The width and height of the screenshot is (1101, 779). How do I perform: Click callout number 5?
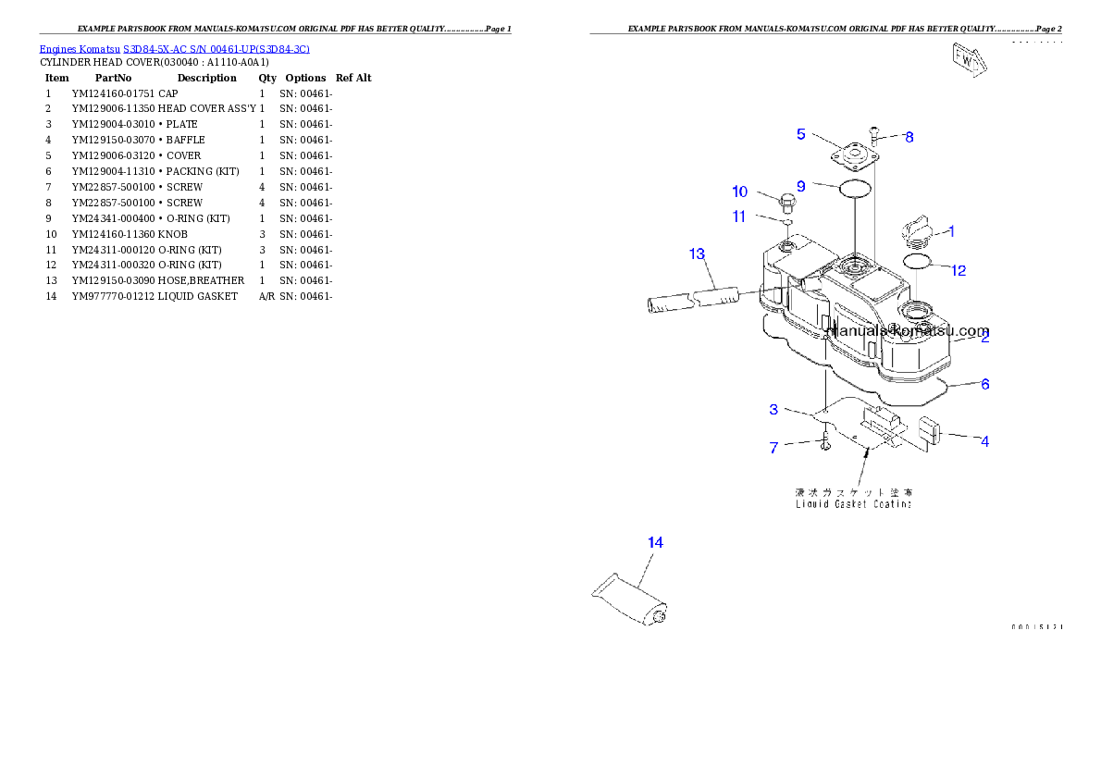801,134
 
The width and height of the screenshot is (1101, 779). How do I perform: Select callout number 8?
909,137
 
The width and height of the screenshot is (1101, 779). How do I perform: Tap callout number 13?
697,253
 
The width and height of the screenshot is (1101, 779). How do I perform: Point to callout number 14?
655,542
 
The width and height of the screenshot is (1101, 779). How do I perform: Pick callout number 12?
959,270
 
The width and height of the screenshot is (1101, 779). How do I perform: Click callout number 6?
985,383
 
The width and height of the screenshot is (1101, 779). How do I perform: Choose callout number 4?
985,441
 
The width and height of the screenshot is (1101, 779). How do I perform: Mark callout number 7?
773,448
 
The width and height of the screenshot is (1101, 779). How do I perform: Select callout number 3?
773,409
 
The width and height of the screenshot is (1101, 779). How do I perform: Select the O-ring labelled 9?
855,191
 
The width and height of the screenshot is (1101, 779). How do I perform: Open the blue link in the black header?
174,48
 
